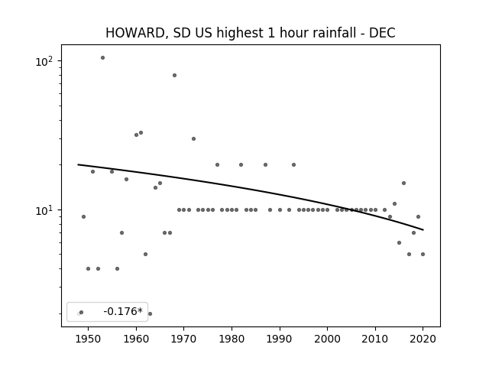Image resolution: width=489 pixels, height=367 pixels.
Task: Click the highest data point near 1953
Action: (x=102, y=58)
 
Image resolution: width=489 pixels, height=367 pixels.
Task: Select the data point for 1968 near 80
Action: (x=175, y=75)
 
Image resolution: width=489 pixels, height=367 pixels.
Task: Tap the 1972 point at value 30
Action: (x=193, y=138)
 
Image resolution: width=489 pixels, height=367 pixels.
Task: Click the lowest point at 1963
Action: (x=150, y=313)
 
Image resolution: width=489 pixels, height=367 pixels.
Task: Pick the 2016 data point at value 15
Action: (x=404, y=183)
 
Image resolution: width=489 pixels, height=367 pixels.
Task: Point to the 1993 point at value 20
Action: (x=293, y=164)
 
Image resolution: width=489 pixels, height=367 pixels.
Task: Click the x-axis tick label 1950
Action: (x=89, y=339)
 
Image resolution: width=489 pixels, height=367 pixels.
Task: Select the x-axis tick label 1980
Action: (x=232, y=339)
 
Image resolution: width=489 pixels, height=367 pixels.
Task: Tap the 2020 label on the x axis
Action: (x=423, y=339)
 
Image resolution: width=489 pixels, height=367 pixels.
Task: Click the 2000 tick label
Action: (x=327, y=339)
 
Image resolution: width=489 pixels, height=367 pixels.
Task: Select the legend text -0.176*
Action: (x=123, y=311)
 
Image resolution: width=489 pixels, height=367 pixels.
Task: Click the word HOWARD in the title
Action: (x=135, y=33)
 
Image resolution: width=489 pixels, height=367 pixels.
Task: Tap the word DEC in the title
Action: (x=382, y=33)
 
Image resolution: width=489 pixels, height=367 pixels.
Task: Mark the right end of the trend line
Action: (x=423, y=230)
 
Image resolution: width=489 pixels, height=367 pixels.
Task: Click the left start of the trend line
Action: (x=78, y=164)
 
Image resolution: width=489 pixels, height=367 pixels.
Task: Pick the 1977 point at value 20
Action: (x=217, y=164)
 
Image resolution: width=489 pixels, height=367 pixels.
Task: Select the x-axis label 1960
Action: (x=136, y=339)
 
